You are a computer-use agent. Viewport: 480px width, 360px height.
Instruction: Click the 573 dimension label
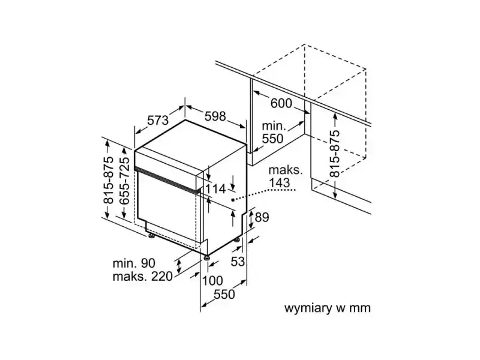158,121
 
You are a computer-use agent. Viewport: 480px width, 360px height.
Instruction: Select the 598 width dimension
215,116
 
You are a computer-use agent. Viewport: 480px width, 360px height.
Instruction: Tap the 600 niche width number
281,103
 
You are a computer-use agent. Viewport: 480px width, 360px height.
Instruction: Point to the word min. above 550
274,126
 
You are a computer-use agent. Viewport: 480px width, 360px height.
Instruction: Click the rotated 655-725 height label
124,181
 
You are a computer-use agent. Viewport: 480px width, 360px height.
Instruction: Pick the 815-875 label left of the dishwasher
109,180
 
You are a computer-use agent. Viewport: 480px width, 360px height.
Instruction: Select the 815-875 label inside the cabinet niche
335,154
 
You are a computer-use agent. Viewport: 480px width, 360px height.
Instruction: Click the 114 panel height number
215,189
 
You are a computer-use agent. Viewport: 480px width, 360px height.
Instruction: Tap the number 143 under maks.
279,183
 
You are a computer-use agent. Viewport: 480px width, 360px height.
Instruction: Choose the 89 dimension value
262,217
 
